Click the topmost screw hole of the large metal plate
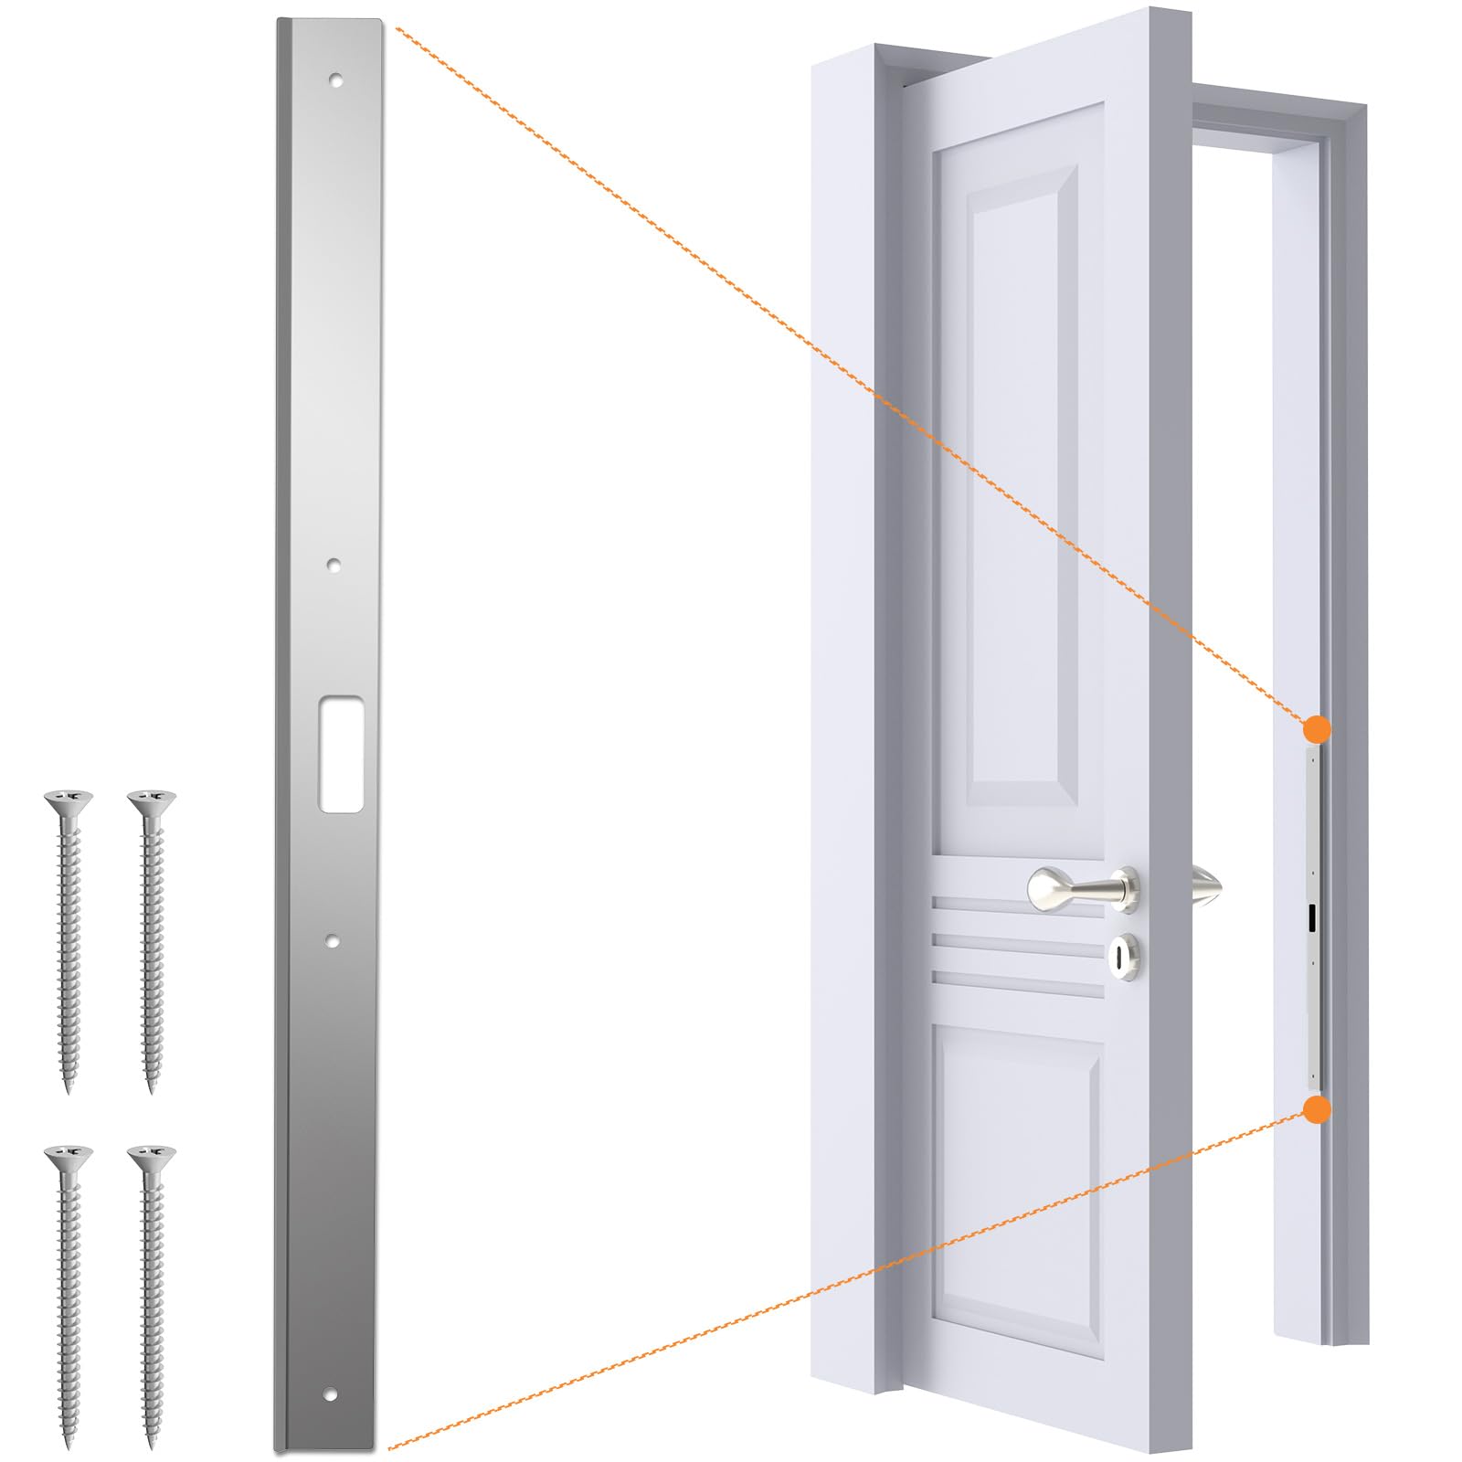337,79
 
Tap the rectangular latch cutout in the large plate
341,755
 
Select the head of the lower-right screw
152,1157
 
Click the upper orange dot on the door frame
1317,729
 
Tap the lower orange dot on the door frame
1317,1109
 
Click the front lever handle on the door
1083,887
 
